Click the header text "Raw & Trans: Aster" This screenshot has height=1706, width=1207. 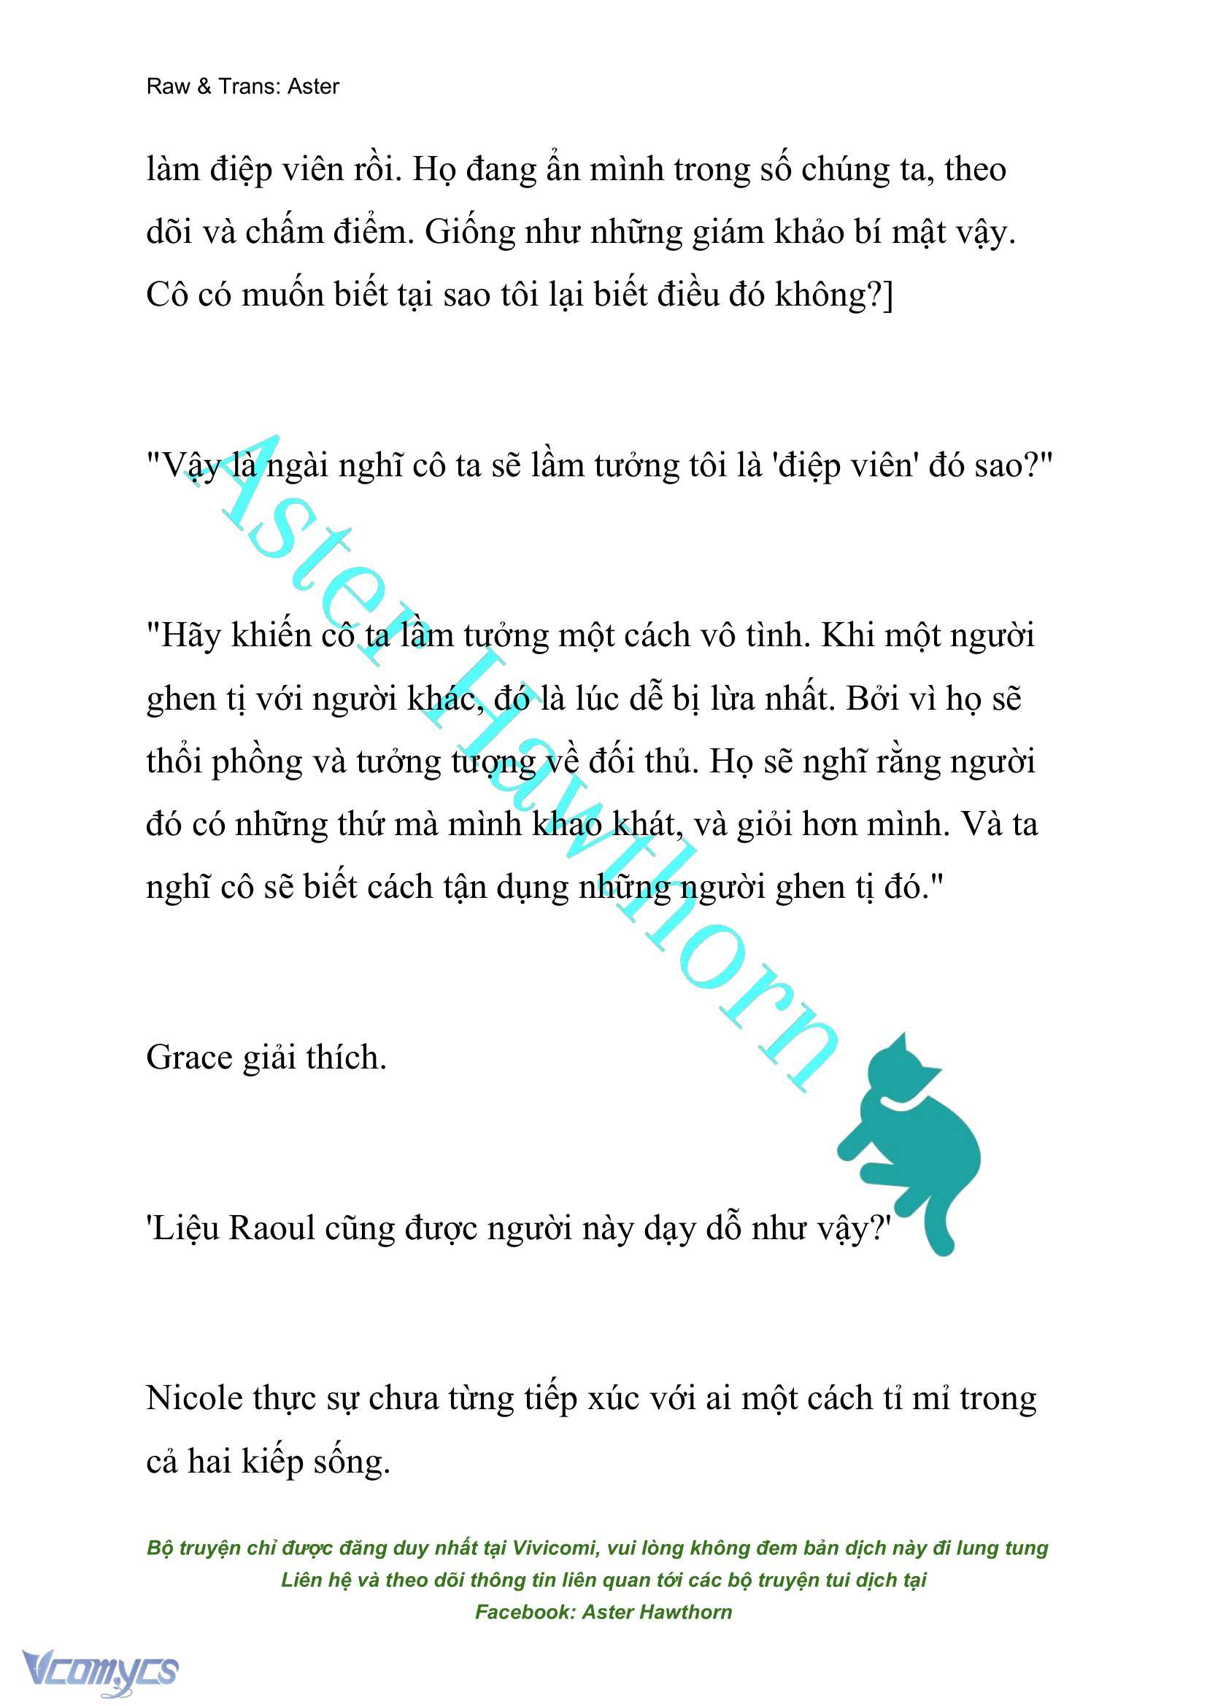242,87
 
